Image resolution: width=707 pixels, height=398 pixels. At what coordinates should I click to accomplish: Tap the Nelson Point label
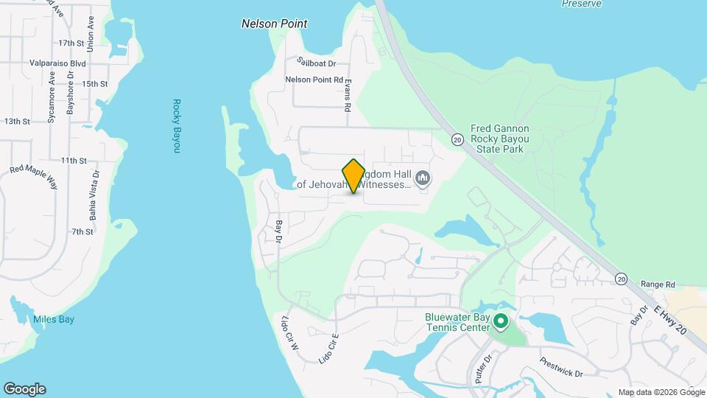pyautogui.click(x=274, y=24)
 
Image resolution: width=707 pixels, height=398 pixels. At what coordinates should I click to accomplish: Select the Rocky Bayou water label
pyautogui.click(x=176, y=126)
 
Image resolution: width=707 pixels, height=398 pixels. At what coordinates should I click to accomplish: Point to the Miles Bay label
pyautogui.click(x=54, y=319)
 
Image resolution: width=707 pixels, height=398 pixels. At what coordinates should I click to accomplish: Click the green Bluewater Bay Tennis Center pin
pyautogui.click(x=501, y=321)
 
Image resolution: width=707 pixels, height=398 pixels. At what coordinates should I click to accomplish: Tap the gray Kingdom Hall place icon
pyautogui.click(x=423, y=178)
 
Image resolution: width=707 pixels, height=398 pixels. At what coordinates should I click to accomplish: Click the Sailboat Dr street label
pyautogui.click(x=316, y=63)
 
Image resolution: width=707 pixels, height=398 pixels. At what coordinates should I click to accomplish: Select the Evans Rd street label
pyautogui.click(x=347, y=94)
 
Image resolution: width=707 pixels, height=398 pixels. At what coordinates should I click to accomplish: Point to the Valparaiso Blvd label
pyautogui.click(x=58, y=64)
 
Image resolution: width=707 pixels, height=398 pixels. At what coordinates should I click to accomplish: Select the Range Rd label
pyautogui.click(x=658, y=284)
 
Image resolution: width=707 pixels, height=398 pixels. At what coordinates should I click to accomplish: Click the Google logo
pyautogui.click(x=24, y=389)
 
